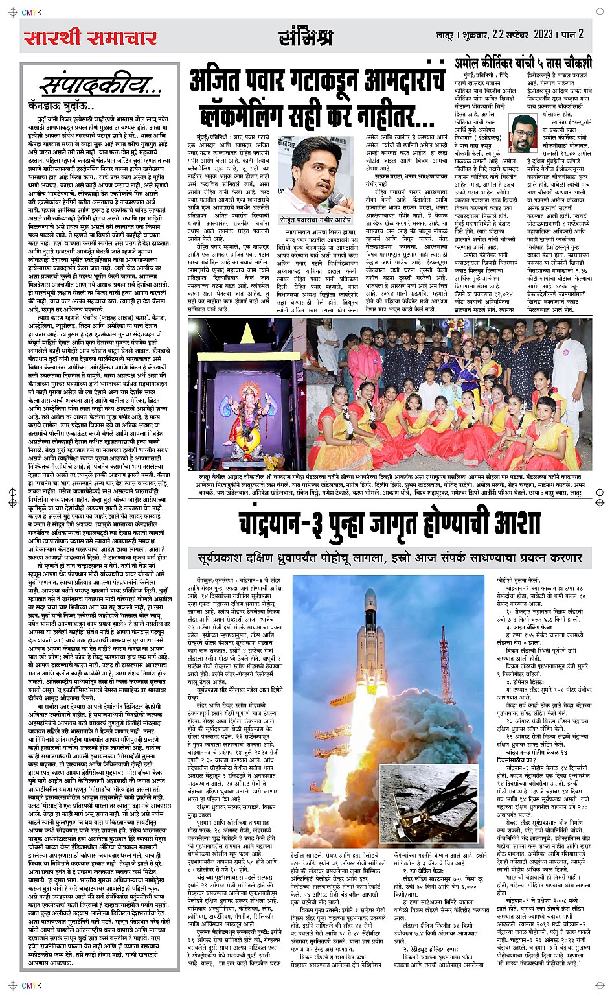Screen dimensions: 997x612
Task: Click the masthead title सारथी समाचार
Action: point(91,38)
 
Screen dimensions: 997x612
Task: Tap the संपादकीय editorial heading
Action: point(100,86)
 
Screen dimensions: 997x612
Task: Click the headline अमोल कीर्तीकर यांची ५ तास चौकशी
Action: point(523,63)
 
